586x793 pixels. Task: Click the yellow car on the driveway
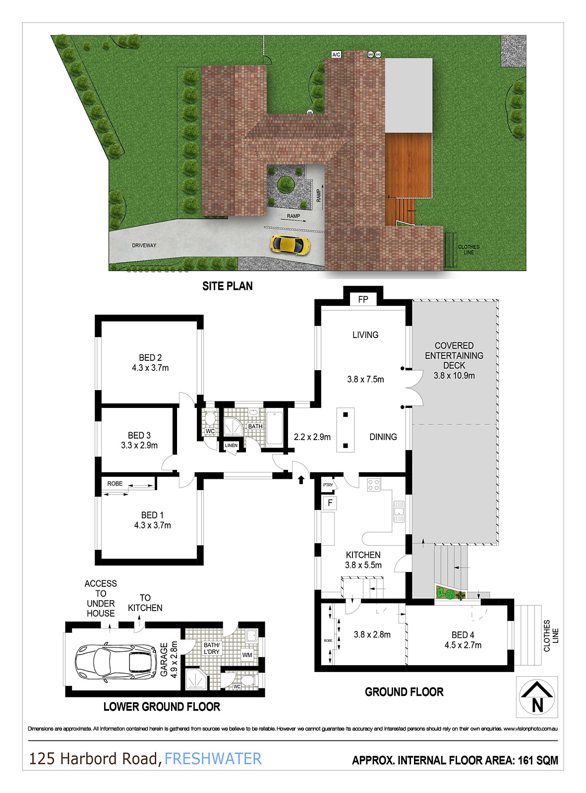pyautogui.click(x=290, y=244)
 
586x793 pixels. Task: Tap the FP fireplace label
pyautogui.click(x=363, y=299)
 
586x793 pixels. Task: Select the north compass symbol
pyautogui.click(x=537, y=697)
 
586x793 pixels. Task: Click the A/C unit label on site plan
pyautogui.click(x=336, y=55)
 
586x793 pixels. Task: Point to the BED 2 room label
pyautogui.click(x=150, y=358)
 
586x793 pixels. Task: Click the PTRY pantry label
pyautogui.click(x=328, y=485)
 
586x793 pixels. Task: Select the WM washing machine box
pyautogui.click(x=247, y=655)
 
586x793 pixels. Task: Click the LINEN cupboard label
pyautogui.click(x=232, y=446)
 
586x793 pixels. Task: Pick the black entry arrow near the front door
pyautogui.click(x=301, y=479)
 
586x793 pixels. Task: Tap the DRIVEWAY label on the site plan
pyautogui.click(x=144, y=245)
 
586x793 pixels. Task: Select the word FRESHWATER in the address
pyautogui.click(x=213, y=759)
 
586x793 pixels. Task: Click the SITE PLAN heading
pyautogui.click(x=228, y=286)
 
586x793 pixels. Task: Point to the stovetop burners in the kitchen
pyautogui.click(x=374, y=485)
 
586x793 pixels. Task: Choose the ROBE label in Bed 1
pyautogui.click(x=115, y=484)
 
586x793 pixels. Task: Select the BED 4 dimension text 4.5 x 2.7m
pyautogui.click(x=463, y=645)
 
